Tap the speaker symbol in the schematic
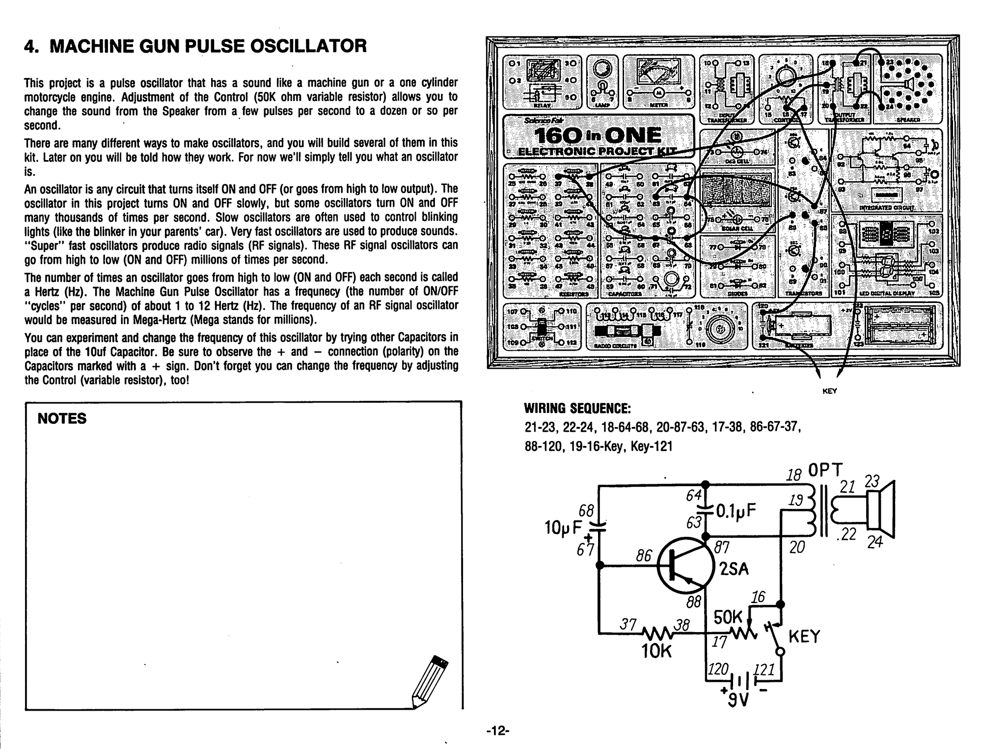[x=880, y=510]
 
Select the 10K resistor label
[x=656, y=651]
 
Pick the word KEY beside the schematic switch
[x=804, y=637]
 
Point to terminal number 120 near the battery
[x=717, y=668]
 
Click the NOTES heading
[x=62, y=418]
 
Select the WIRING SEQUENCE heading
[x=577, y=409]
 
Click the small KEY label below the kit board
[x=829, y=391]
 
